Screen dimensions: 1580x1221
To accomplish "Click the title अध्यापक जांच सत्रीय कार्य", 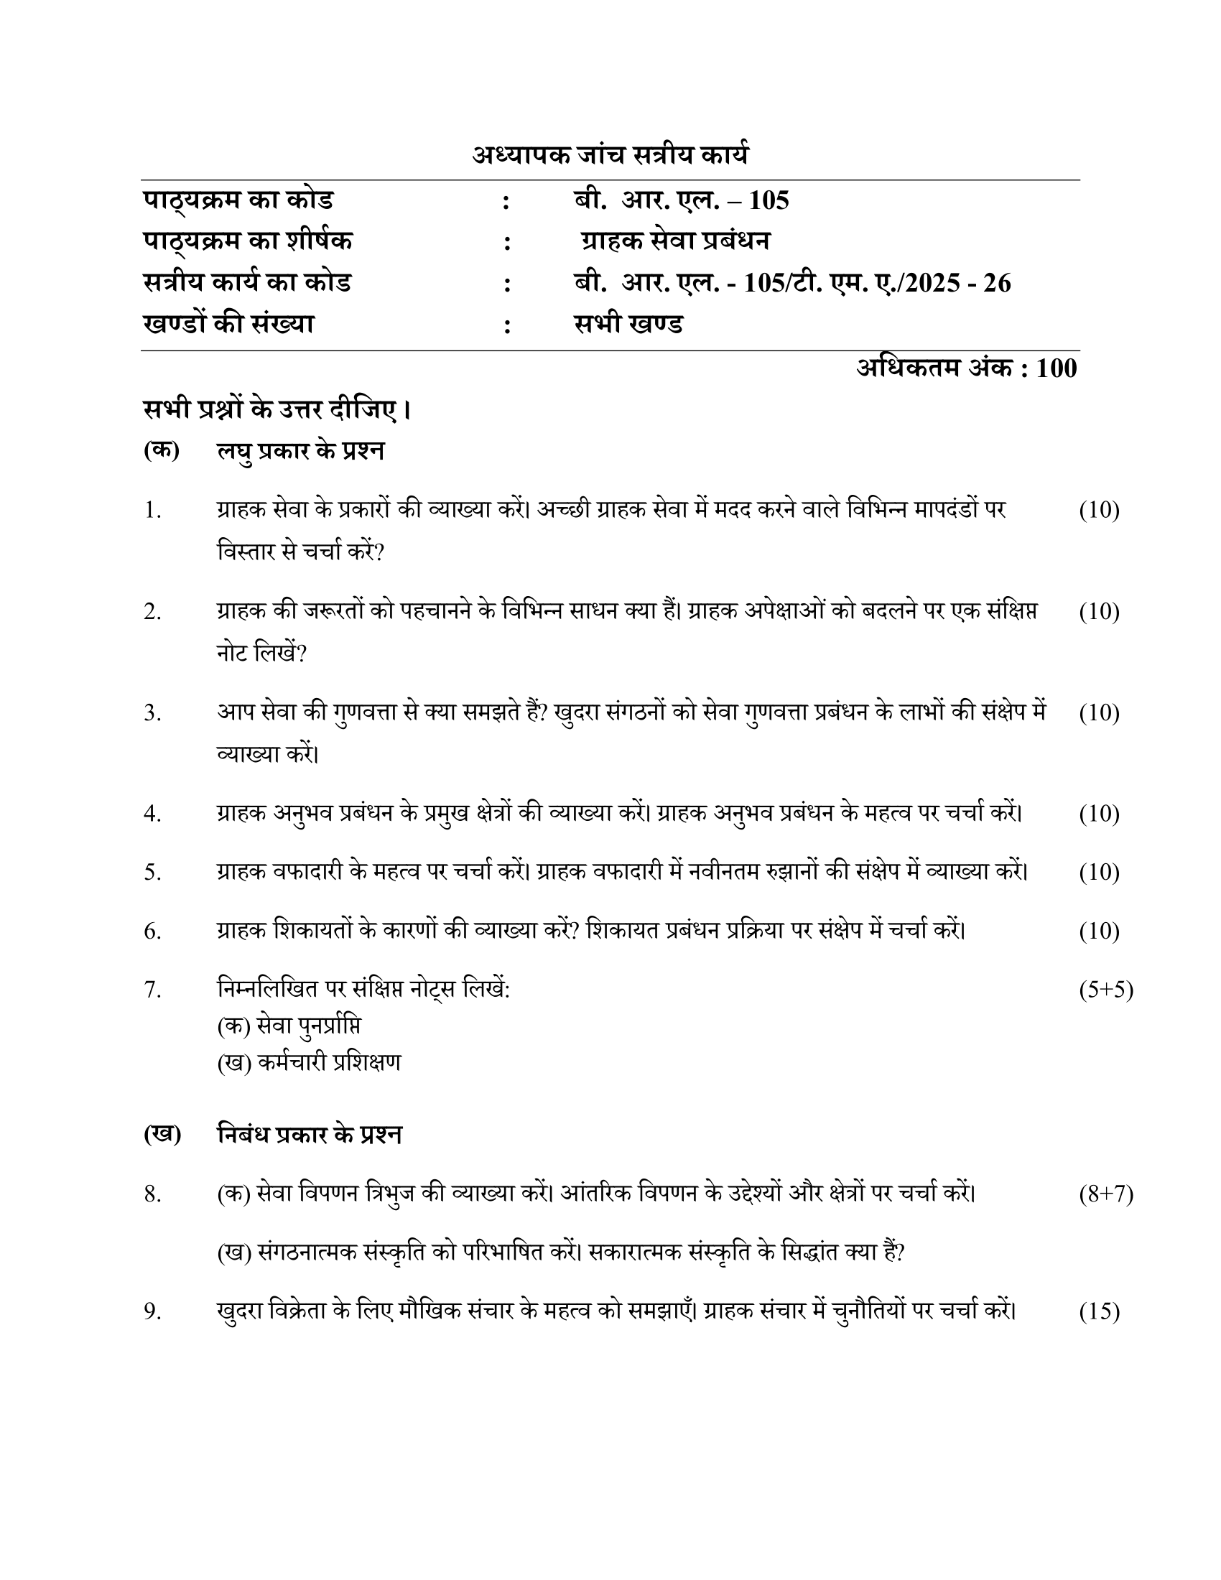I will pyautogui.click(x=610, y=155).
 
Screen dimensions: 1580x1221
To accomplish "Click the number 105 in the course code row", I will pyautogui.click(x=769, y=200).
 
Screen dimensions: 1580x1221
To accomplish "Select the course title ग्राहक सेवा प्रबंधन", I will pyautogui.click(x=676, y=241).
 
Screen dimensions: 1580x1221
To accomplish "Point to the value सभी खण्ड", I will pyautogui.click(x=628, y=324).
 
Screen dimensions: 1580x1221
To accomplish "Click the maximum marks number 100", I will pyautogui.click(x=1056, y=368).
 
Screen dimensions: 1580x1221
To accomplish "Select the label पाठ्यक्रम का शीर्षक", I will pyautogui.click(x=247, y=241).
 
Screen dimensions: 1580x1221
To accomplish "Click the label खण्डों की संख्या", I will pyautogui.click(x=228, y=324).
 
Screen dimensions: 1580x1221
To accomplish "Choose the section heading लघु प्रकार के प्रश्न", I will pyautogui.click(x=300, y=451).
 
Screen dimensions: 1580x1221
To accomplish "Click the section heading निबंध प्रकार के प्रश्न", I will pyautogui.click(x=309, y=1134).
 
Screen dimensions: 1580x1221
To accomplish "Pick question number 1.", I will pyautogui.click(x=152, y=511).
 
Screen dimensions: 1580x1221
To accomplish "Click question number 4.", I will pyautogui.click(x=152, y=814).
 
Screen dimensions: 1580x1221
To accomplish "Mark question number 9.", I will pyautogui.click(x=152, y=1311).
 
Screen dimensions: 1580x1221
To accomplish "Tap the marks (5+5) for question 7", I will pyautogui.click(x=1105, y=989).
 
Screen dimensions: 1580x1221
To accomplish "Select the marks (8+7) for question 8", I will pyautogui.click(x=1105, y=1194).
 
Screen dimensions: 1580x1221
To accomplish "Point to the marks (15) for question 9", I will pyautogui.click(x=1099, y=1311).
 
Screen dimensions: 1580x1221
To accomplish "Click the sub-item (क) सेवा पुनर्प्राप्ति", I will pyautogui.click(x=289, y=1026).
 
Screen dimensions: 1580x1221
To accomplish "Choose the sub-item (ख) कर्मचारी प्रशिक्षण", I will pyautogui.click(x=309, y=1062).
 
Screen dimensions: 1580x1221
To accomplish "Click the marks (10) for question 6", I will pyautogui.click(x=1099, y=931).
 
